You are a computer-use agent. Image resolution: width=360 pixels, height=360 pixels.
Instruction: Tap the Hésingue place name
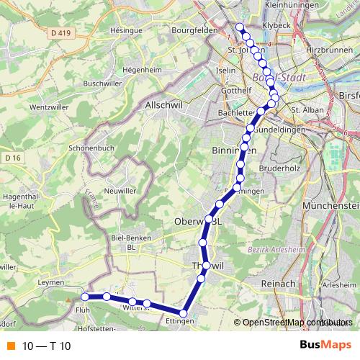[x=127, y=32]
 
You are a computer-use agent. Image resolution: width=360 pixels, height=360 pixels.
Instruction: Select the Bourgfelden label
[x=195, y=31]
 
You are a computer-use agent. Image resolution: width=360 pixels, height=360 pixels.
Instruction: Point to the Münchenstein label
[x=331, y=206]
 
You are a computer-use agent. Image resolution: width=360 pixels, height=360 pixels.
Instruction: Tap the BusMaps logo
[x=325, y=346]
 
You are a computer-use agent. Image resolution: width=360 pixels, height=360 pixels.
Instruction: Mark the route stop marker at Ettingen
[x=184, y=313]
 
